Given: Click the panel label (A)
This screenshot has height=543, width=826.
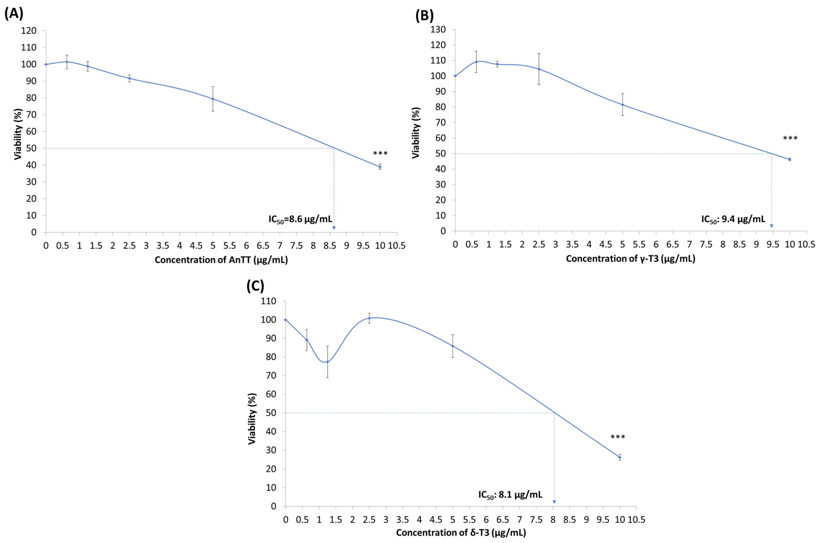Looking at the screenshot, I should tap(14, 14).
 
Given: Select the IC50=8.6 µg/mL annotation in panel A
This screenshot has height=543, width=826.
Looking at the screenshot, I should tap(300, 219).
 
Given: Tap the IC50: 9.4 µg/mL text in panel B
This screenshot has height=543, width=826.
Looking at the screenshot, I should tap(733, 219).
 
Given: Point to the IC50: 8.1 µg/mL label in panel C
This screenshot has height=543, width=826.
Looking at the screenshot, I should tap(510, 495).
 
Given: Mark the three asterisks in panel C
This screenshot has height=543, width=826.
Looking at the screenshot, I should tap(618, 437).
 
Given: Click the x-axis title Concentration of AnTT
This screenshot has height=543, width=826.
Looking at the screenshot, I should tap(221, 260).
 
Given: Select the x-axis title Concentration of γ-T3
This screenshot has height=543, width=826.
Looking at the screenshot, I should tap(631, 259).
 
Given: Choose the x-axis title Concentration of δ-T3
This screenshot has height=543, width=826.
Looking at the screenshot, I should tap(461, 533).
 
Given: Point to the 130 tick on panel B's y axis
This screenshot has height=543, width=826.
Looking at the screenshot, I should tap(438, 29).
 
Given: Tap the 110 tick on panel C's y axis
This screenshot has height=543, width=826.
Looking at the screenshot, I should tap(269, 301).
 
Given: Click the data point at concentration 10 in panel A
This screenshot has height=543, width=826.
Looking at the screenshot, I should tap(380, 167).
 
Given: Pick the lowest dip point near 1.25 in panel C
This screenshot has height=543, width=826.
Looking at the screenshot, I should tap(327, 362).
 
